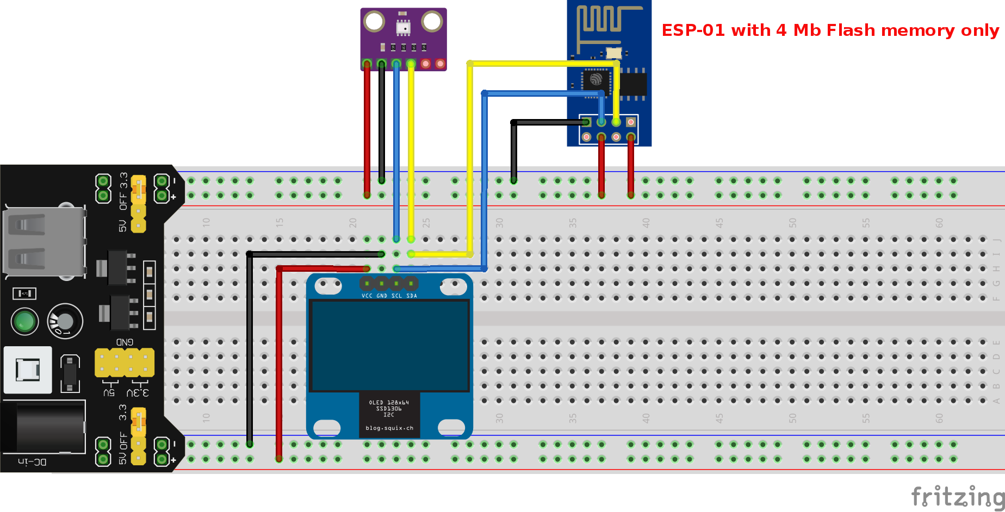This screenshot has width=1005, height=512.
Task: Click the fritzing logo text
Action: click(x=957, y=496)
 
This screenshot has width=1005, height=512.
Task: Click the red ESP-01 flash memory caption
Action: click(x=830, y=30)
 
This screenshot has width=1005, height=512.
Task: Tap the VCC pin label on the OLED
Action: click(x=367, y=296)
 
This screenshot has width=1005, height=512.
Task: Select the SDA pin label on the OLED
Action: click(x=412, y=296)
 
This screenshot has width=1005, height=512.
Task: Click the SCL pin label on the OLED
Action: click(x=396, y=296)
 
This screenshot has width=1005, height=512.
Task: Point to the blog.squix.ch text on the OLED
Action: click(x=389, y=428)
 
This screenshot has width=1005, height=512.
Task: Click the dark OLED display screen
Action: click(x=389, y=346)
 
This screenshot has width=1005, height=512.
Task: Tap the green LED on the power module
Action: click(x=24, y=321)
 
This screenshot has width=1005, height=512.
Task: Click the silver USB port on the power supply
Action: click(x=44, y=242)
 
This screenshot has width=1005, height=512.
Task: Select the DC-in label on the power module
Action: click(x=33, y=462)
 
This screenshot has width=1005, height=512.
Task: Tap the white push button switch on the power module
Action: click(x=28, y=370)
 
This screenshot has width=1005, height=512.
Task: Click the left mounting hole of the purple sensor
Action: click(x=374, y=22)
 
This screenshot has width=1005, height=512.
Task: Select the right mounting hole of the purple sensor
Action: click(x=432, y=22)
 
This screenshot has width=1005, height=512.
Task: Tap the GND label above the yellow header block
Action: click(x=125, y=342)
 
